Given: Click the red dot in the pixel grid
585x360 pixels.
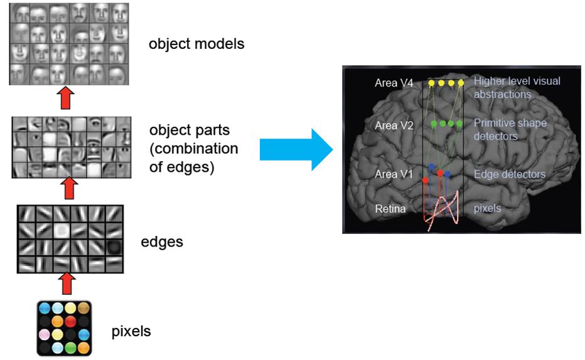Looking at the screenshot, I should coord(70,321).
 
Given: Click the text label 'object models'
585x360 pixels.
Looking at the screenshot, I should coord(196,45).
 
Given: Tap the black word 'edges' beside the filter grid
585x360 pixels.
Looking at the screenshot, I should coord(163,241).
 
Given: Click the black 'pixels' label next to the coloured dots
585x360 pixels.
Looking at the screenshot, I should coord(131,331).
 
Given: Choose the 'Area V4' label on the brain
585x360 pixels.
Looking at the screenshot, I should coord(394,83).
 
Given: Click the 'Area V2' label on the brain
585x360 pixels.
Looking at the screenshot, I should coord(394,125).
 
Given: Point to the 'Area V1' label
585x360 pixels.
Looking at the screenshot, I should coord(394,174).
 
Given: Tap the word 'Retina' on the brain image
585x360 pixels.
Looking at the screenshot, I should coord(390,208).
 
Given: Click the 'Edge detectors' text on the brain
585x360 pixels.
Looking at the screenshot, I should coord(509,174).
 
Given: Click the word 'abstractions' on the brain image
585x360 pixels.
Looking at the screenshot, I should coord(502,95).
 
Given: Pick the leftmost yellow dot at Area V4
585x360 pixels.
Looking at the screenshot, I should coord(431,83).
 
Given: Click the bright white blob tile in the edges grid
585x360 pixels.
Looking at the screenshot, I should coord(62,231).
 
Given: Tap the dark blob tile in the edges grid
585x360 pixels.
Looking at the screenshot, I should coord(114,247).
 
